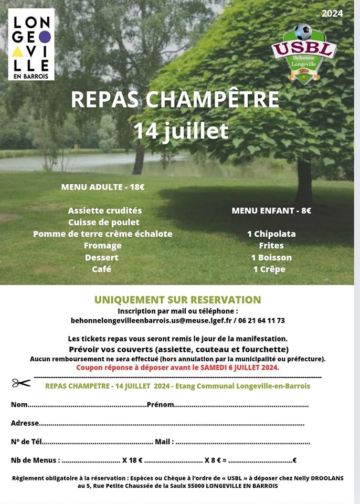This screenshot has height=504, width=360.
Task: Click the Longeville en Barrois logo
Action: click(x=31, y=45)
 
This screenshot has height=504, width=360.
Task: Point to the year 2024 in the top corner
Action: click(x=332, y=14)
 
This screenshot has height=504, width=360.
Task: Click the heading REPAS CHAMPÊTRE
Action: click(x=175, y=100)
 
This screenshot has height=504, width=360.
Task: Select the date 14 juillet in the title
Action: click(x=180, y=131)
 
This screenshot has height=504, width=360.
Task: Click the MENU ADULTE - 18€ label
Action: click(x=103, y=187)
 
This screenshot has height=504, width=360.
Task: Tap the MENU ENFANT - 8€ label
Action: click(x=271, y=211)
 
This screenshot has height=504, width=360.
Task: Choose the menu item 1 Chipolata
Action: click(x=271, y=234)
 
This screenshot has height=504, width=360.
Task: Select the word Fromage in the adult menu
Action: click(x=103, y=246)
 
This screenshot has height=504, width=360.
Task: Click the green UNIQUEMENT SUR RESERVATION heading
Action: click(x=177, y=300)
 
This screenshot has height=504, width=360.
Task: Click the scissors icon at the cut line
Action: click(x=22, y=383)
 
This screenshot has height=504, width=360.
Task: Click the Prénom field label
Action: click(x=160, y=405)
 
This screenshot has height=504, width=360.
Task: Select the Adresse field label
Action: click(x=25, y=423)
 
